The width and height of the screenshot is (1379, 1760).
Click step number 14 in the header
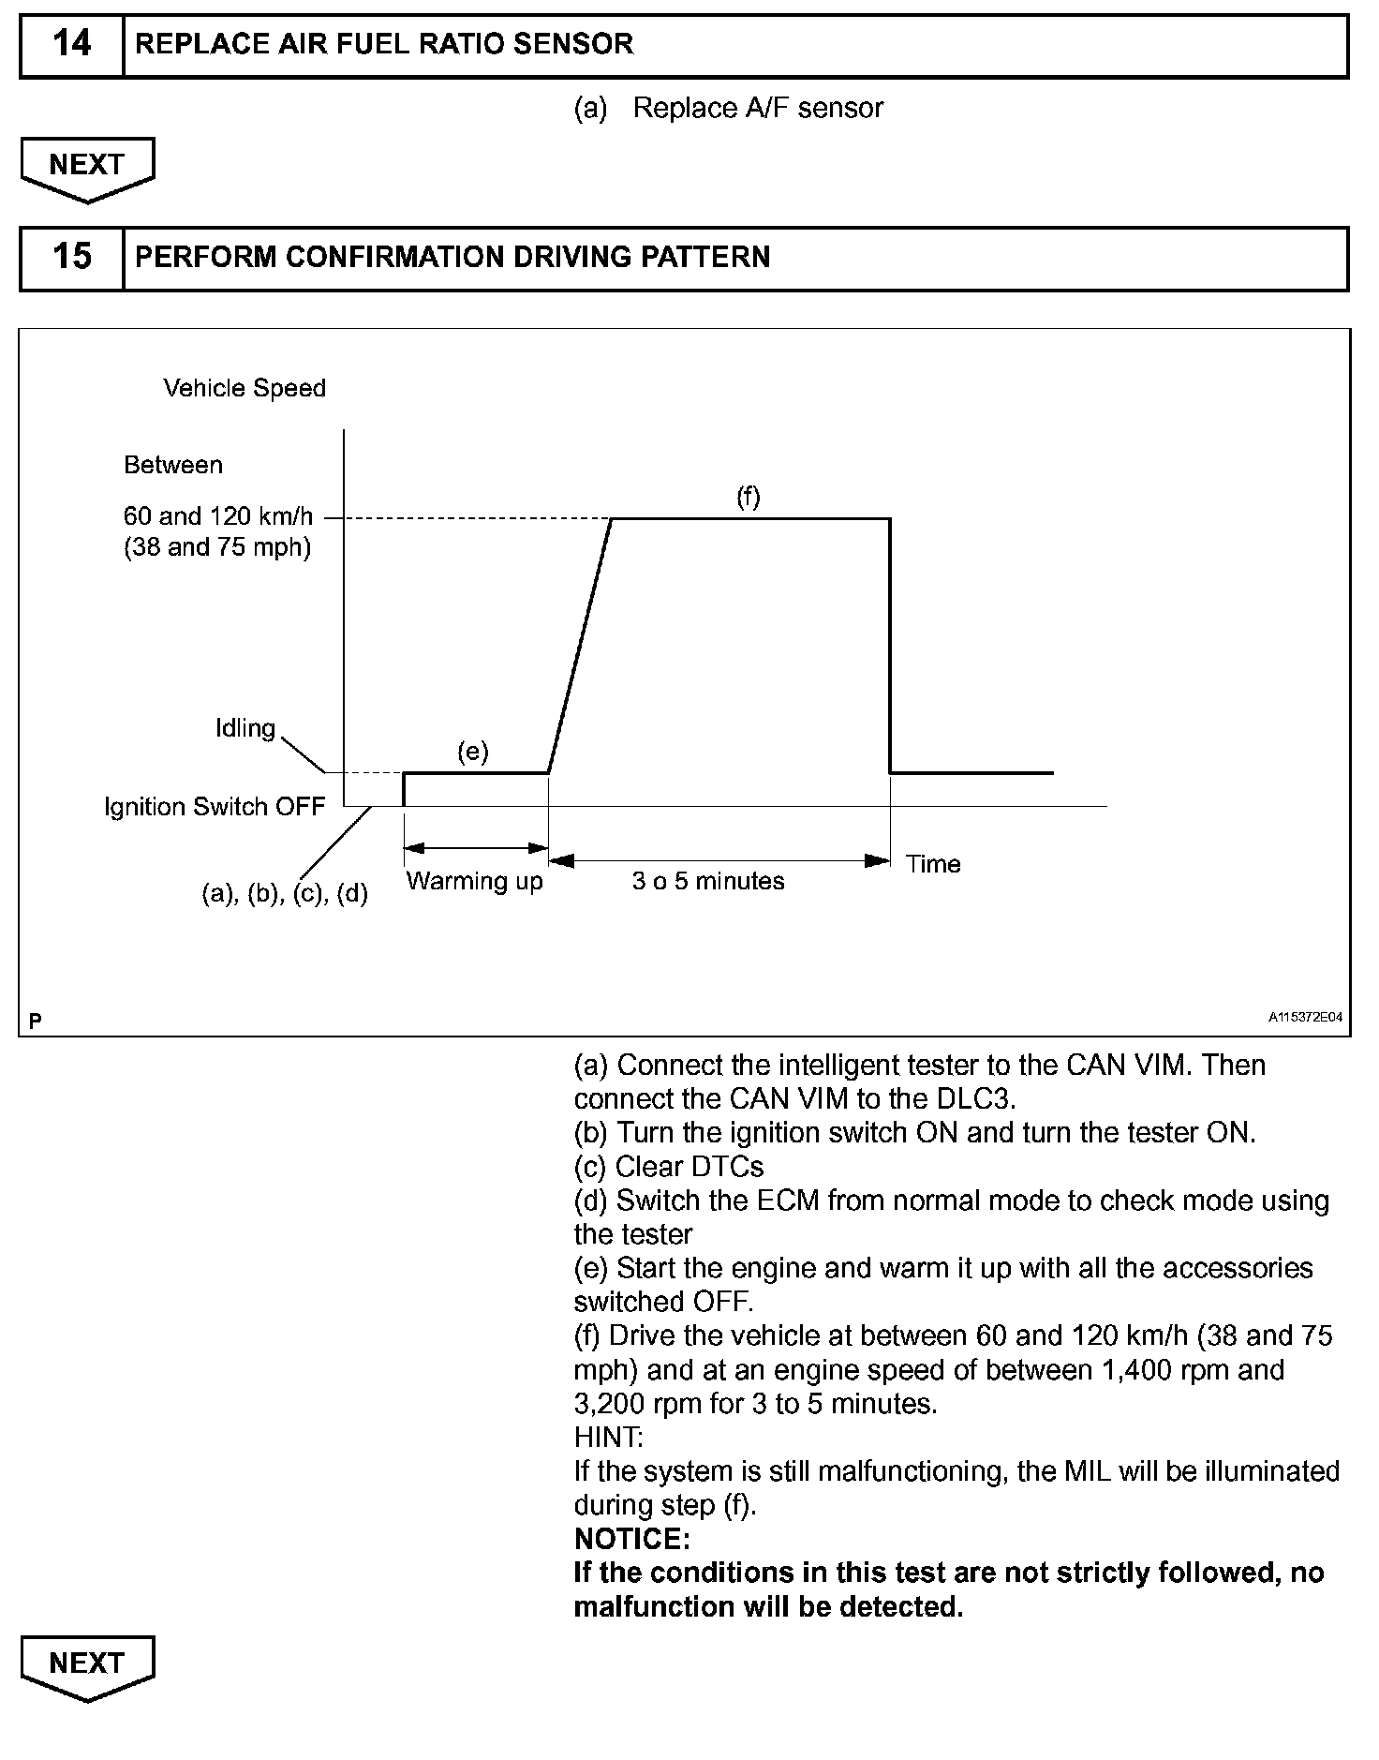(x=72, y=44)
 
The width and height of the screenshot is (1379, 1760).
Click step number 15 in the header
(x=72, y=257)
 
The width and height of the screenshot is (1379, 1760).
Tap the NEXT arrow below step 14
(x=87, y=167)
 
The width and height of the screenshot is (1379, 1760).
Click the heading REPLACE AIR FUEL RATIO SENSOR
(x=384, y=44)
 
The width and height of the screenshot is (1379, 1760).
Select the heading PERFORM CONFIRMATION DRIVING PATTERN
(x=452, y=257)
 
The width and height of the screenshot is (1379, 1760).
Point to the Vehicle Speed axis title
(x=245, y=388)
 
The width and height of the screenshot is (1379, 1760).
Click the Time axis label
(x=933, y=864)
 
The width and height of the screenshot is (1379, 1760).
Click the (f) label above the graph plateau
(x=748, y=497)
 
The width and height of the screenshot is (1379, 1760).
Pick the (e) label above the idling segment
(x=473, y=751)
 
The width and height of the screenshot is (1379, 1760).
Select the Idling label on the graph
(x=245, y=728)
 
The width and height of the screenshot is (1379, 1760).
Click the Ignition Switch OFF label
(x=215, y=807)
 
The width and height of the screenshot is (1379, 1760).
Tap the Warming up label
(x=475, y=881)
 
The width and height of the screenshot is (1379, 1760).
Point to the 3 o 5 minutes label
(x=708, y=881)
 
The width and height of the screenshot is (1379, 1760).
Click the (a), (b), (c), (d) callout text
(x=285, y=894)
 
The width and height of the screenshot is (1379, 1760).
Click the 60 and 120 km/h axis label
(x=218, y=516)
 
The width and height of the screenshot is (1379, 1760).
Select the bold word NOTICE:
(x=632, y=1539)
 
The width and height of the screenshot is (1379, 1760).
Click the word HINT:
(x=609, y=1437)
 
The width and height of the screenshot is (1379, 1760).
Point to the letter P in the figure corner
(x=36, y=1020)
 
